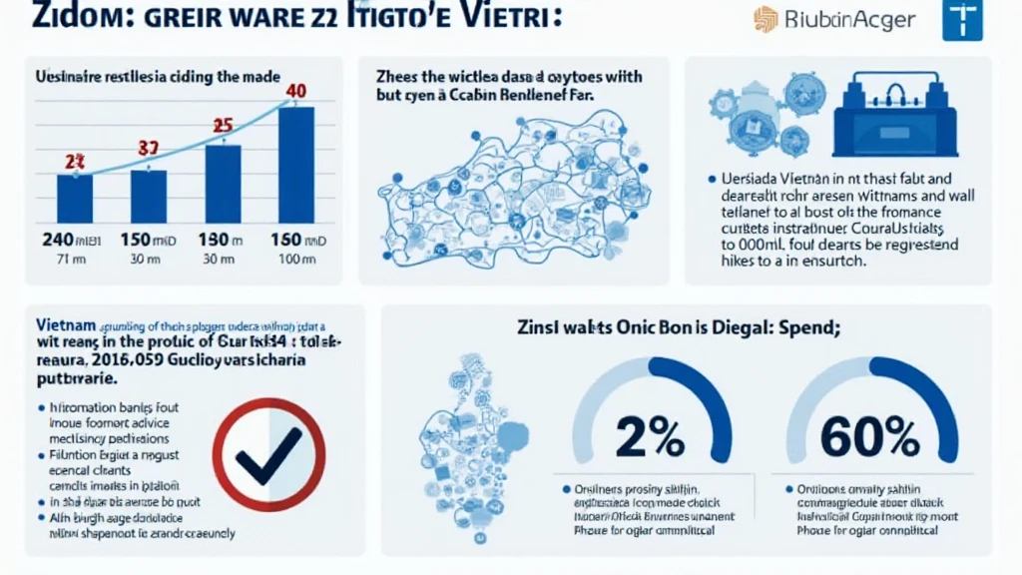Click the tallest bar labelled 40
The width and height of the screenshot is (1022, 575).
295,164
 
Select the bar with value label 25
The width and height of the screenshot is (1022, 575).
223,183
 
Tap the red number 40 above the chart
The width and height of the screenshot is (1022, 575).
295,92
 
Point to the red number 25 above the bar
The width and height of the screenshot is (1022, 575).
222,126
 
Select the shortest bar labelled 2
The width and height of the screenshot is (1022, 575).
75,198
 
